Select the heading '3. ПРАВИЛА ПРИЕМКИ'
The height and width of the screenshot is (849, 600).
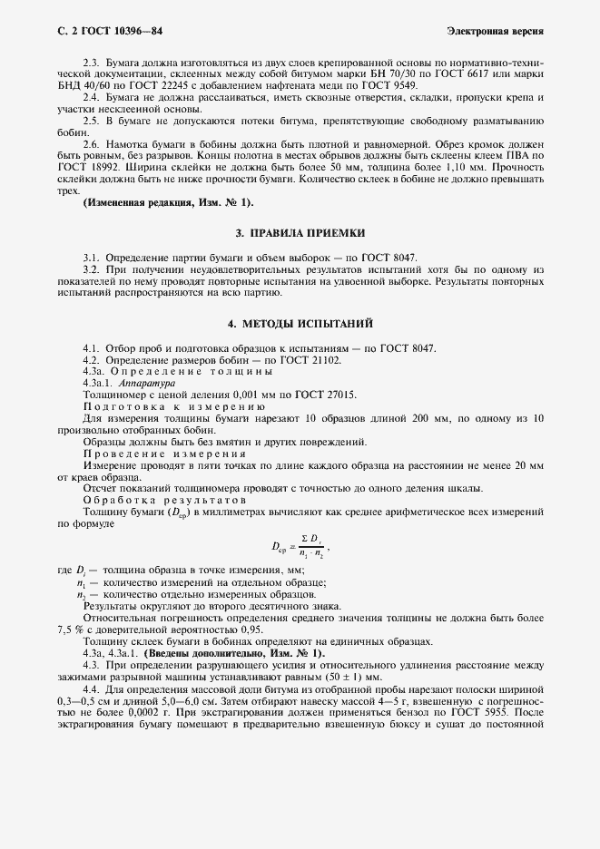click(300, 232)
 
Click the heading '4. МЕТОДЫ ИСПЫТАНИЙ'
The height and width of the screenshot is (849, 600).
click(300, 324)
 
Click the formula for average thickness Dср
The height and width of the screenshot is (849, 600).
click(300, 547)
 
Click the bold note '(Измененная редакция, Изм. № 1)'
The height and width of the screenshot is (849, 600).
click(168, 200)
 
